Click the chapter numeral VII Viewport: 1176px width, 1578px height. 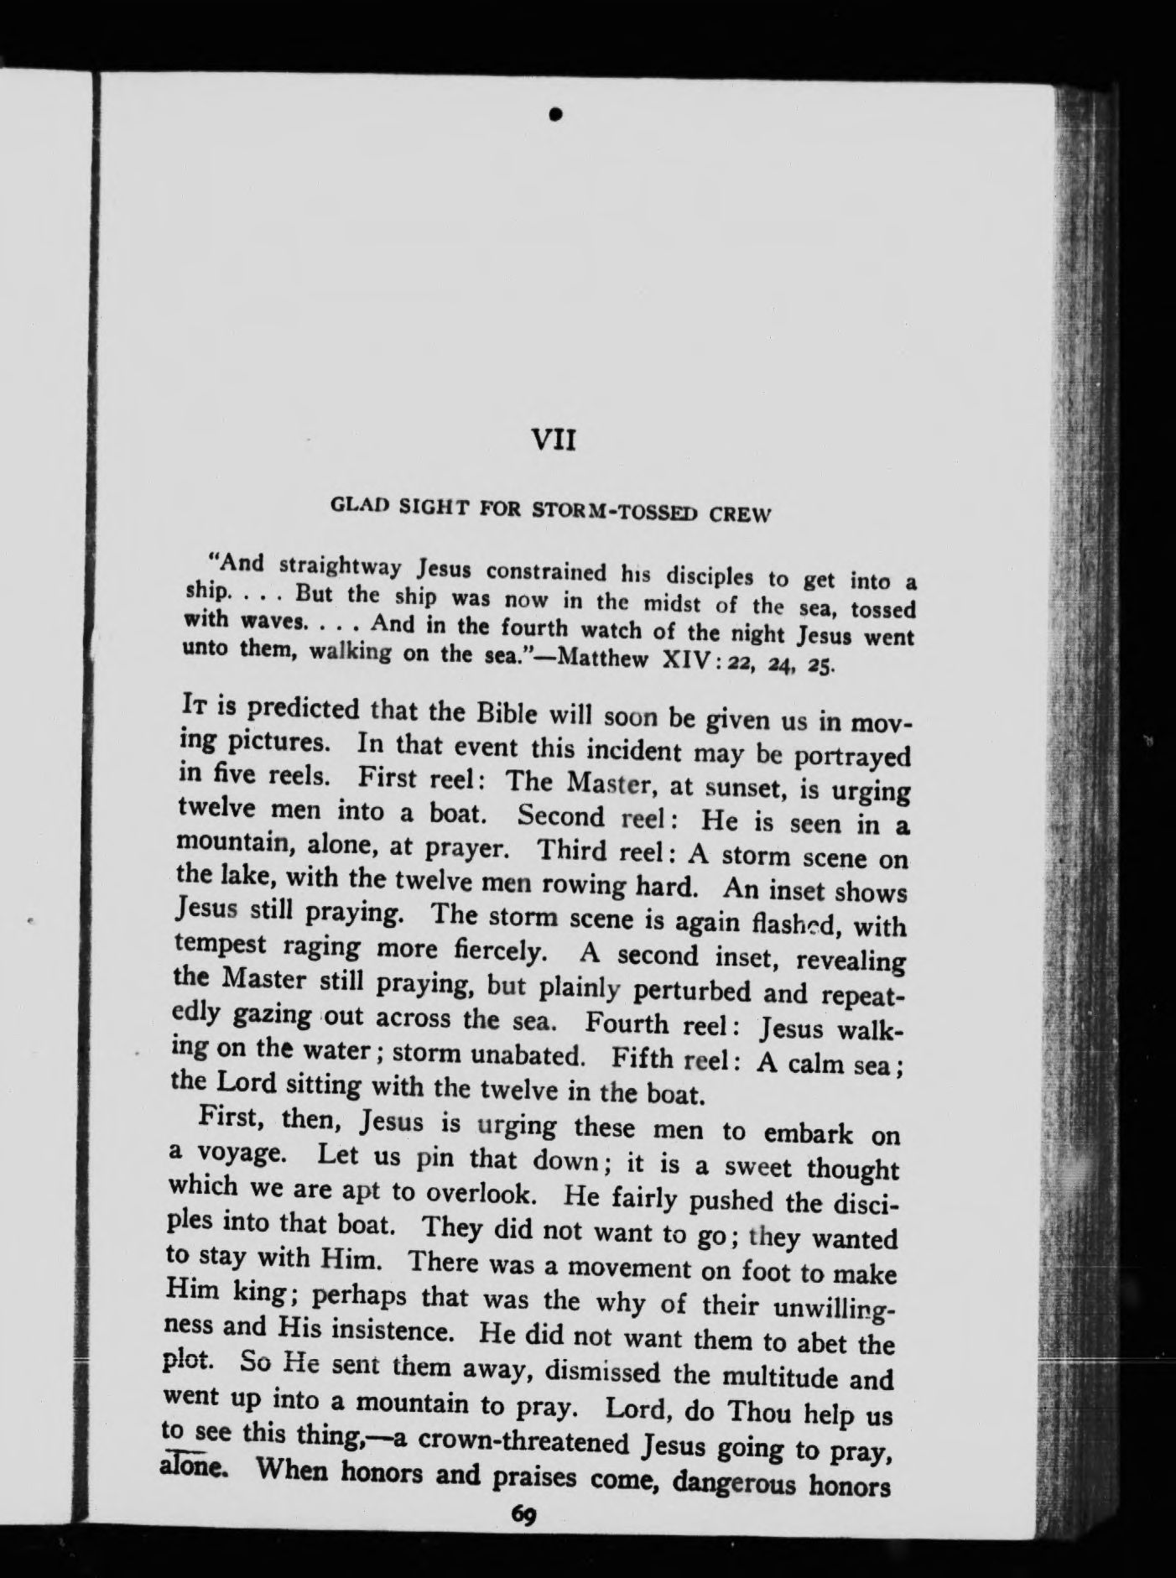pos(554,440)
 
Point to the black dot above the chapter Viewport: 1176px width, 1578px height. pos(554,114)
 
